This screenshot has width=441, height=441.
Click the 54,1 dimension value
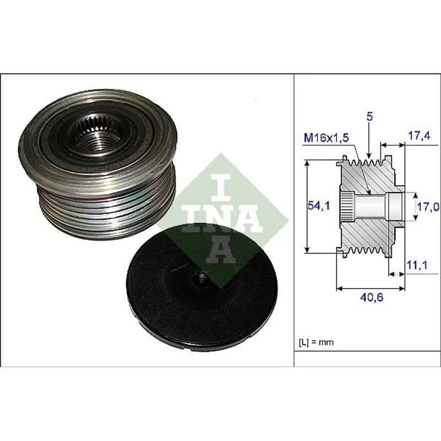coord(318,206)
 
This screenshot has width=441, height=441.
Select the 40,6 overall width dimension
coord(372,297)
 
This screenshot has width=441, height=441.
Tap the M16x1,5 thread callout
coord(326,138)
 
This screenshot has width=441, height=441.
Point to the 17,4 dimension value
coord(419,136)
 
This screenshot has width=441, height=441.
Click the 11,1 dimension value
coord(417,265)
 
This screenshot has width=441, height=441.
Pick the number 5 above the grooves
coord(369,117)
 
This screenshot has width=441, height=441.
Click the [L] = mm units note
coord(316,342)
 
